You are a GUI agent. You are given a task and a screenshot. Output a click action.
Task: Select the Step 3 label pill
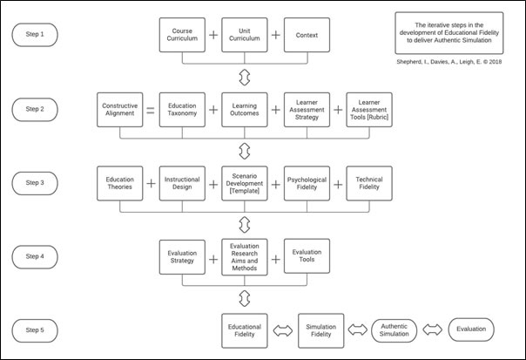coord(36,184)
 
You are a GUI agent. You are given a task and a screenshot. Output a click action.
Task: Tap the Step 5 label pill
coord(36,330)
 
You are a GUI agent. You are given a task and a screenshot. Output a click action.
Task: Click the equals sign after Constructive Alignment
coord(150,111)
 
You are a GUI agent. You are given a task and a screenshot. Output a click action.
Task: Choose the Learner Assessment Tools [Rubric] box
coord(369,110)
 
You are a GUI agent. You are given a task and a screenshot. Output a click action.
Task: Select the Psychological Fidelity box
coord(307,184)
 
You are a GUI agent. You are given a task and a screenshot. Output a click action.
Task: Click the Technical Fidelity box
coord(369,184)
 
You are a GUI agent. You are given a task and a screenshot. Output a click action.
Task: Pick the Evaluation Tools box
coord(307,257)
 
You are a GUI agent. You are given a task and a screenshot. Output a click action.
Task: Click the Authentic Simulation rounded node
coord(394,330)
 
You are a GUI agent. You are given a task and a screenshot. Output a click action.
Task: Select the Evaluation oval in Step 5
coord(471,330)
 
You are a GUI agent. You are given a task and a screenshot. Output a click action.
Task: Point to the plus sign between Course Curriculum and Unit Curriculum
coord(212,36)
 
